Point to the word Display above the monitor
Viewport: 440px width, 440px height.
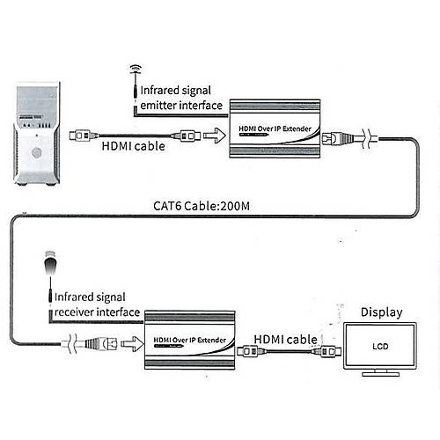(381, 312)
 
